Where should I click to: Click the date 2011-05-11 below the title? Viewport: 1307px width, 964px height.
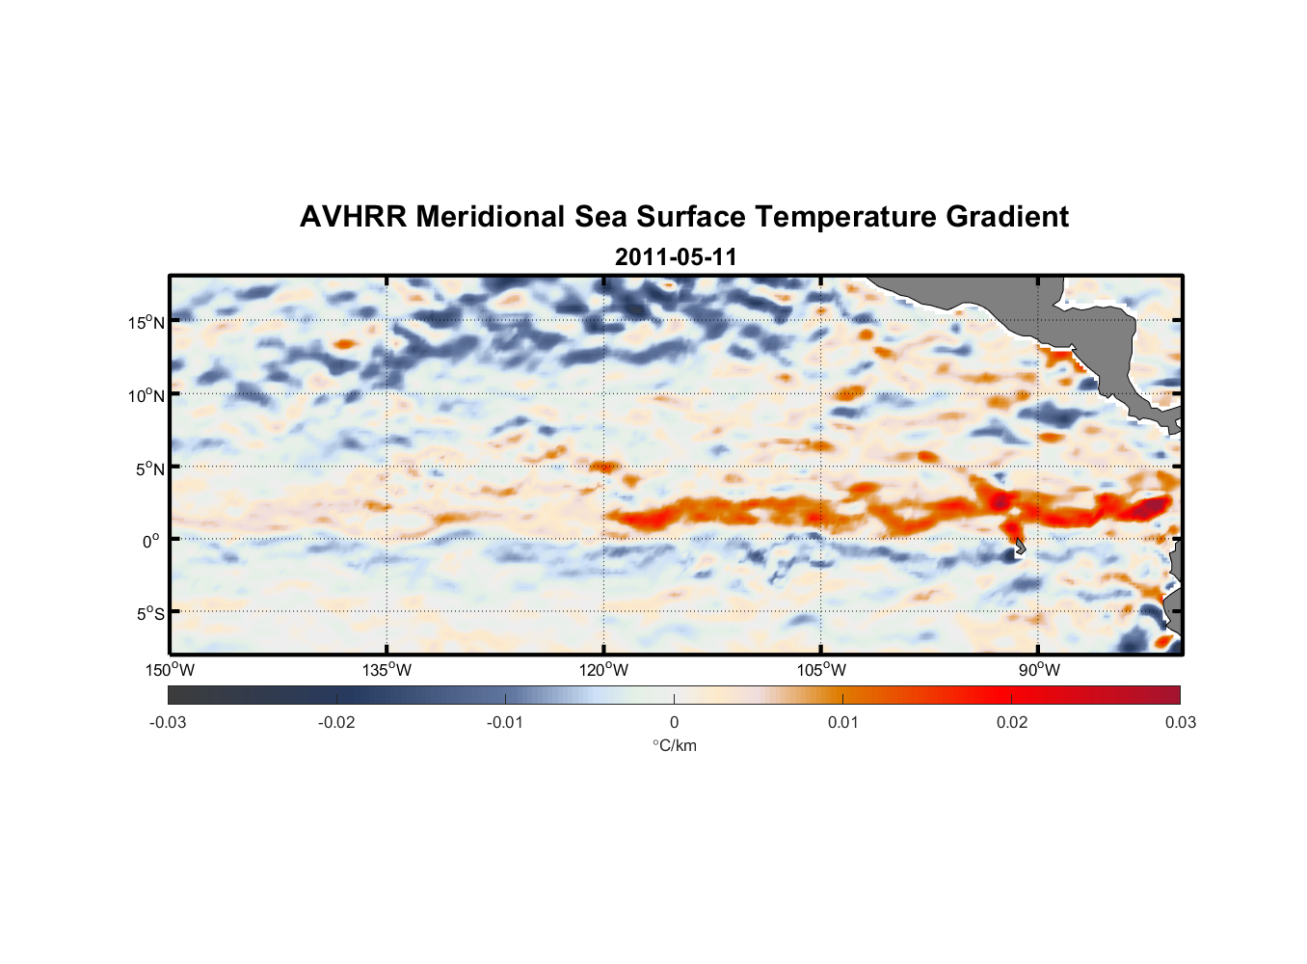pyautogui.click(x=676, y=257)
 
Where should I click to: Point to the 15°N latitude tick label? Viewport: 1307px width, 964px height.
pyautogui.click(x=147, y=322)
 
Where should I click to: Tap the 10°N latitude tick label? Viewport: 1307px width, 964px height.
pyautogui.click(x=147, y=395)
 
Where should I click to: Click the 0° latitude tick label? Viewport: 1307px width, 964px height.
pyautogui.click(x=151, y=542)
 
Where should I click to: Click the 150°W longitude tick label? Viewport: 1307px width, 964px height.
pyautogui.click(x=171, y=670)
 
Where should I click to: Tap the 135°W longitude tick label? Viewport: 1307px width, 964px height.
pyautogui.click(x=387, y=670)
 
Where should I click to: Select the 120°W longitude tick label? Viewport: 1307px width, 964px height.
pyautogui.click(x=604, y=670)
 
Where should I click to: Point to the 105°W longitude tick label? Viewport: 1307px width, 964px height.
pyautogui.click(x=821, y=670)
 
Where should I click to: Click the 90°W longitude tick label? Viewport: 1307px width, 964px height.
pyautogui.click(x=1039, y=670)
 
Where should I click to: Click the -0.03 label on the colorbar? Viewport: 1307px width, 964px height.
pyautogui.click(x=168, y=722)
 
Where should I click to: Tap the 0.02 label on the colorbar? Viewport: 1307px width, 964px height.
pyautogui.click(x=1012, y=722)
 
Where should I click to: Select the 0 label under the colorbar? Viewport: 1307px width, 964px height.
pyautogui.click(x=674, y=722)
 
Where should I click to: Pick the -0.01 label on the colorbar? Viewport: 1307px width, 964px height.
pyautogui.click(x=505, y=722)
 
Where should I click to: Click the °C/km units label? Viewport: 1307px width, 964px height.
pyautogui.click(x=675, y=745)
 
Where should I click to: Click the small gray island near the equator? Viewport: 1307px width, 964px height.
pyautogui.click(x=1020, y=547)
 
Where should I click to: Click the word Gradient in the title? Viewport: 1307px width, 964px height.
pyautogui.click(x=1007, y=217)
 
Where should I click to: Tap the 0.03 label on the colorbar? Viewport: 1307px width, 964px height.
pyautogui.click(x=1180, y=722)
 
